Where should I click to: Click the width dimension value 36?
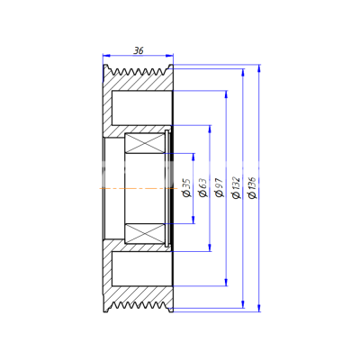139,51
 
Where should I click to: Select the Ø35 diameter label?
186,188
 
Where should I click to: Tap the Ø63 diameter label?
203,188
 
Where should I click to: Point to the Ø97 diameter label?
220,187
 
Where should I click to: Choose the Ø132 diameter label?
237,187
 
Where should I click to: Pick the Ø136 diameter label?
253,187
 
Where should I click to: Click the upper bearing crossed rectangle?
145,143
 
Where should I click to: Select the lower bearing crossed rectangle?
145,234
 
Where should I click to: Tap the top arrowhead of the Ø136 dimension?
259,68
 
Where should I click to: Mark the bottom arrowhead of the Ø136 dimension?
259,308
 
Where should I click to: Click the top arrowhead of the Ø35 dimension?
193,157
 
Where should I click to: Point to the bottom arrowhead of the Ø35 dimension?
193,220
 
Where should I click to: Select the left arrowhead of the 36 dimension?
106,55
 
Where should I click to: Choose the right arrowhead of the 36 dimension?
169,55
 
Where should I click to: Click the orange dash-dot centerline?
139,188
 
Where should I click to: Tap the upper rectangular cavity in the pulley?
142,108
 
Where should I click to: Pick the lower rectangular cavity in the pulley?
142,269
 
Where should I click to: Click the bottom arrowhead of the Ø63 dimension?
210,247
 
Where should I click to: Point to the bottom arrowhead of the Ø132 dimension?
243,304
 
